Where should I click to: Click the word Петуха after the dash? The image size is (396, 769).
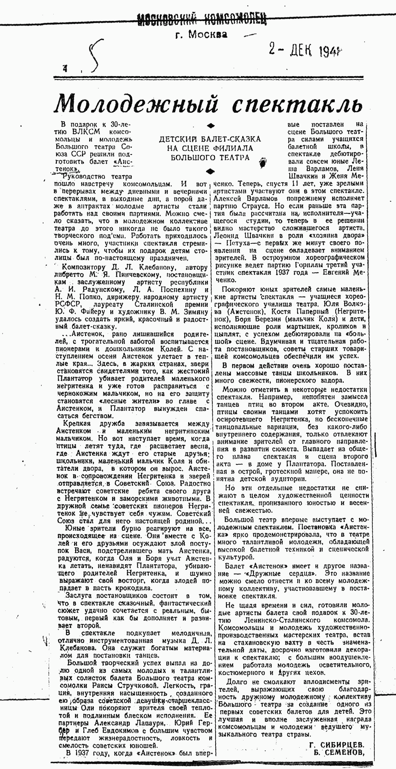pos(238,243)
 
